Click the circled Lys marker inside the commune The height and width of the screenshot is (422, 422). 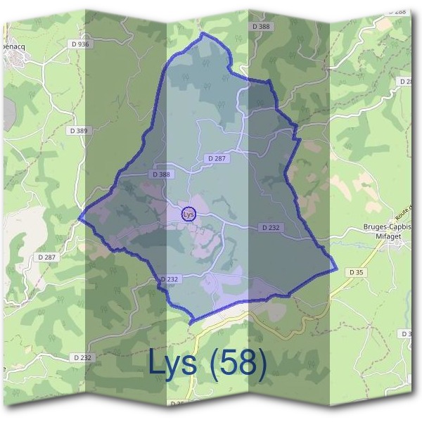coord(188,214)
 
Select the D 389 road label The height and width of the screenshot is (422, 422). coord(79,131)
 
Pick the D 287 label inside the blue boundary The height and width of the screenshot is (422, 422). coord(217,159)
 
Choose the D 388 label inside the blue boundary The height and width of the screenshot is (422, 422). coord(160,174)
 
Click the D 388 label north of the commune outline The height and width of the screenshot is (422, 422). coord(260,26)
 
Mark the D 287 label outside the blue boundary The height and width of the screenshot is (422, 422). coord(45,258)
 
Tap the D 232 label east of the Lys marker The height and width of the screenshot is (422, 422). coord(270,228)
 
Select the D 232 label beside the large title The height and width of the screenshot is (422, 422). coord(82,357)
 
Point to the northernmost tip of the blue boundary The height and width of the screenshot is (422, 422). coord(203,33)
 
